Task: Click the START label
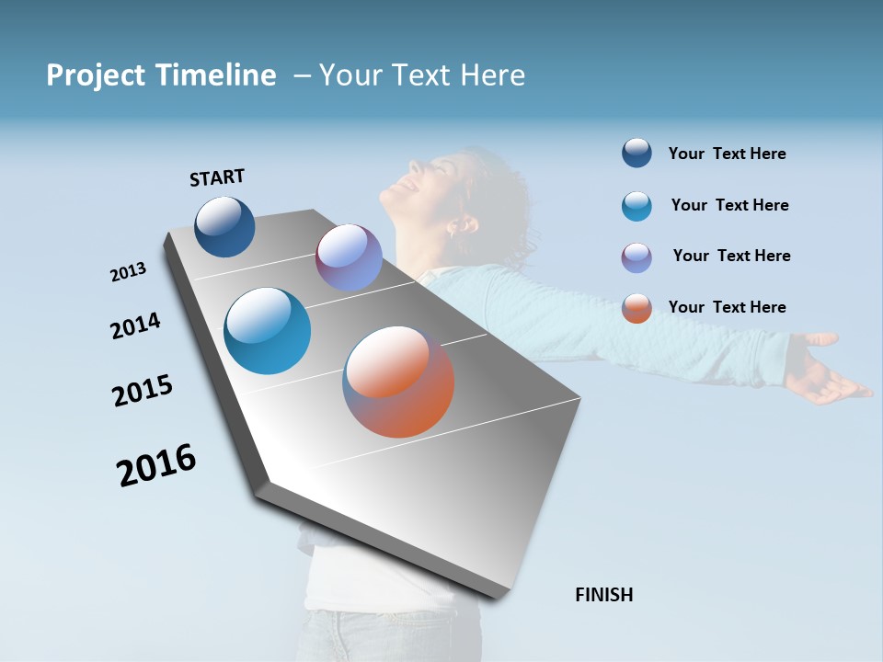pyautogui.click(x=217, y=177)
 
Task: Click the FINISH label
pyautogui.click(x=603, y=595)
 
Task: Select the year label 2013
pyautogui.click(x=128, y=272)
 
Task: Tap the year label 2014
pyautogui.click(x=135, y=325)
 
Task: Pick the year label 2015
pyautogui.click(x=143, y=391)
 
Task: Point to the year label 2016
pyautogui.click(x=156, y=465)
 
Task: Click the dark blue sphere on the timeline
pyautogui.click(x=224, y=226)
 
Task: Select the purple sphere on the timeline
pyautogui.click(x=349, y=257)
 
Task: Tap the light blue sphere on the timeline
pyautogui.click(x=268, y=331)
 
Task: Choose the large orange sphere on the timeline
pyautogui.click(x=398, y=382)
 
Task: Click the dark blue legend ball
pyautogui.click(x=636, y=154)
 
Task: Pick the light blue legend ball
pyautogui.click(x=636, y=206)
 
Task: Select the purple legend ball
pyautogui.click(x=636, y=257)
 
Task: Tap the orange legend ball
pyautogui.click(x=636, y=308)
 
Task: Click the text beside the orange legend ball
pyautogui.click(x=727, y=307)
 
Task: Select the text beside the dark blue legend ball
pyautogui.click(x=727, y=154)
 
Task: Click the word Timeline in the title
pyautogui.click(x=217, y=75)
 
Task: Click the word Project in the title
pyautogui.click(x=94, y=75)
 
